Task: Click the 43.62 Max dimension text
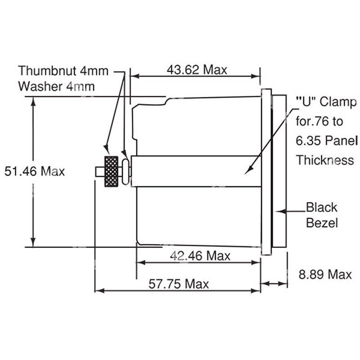tap(197, 70)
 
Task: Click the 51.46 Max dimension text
tap(34, 171)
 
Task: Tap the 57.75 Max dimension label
tap(179, 284)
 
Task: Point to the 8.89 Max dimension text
tap(325, 274)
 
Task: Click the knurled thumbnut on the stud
tap(111, 171)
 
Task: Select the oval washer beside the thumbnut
tap(126, 171)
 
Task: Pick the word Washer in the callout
tap(40, 86)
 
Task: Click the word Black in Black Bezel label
tap(321, 207)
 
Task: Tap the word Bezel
tap(321, 223)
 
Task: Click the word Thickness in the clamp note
tap(324, 160)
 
